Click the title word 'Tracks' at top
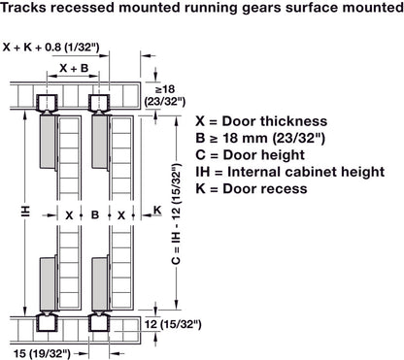(28, 11)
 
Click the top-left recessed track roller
(45, 102)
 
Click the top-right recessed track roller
(99, 102)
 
